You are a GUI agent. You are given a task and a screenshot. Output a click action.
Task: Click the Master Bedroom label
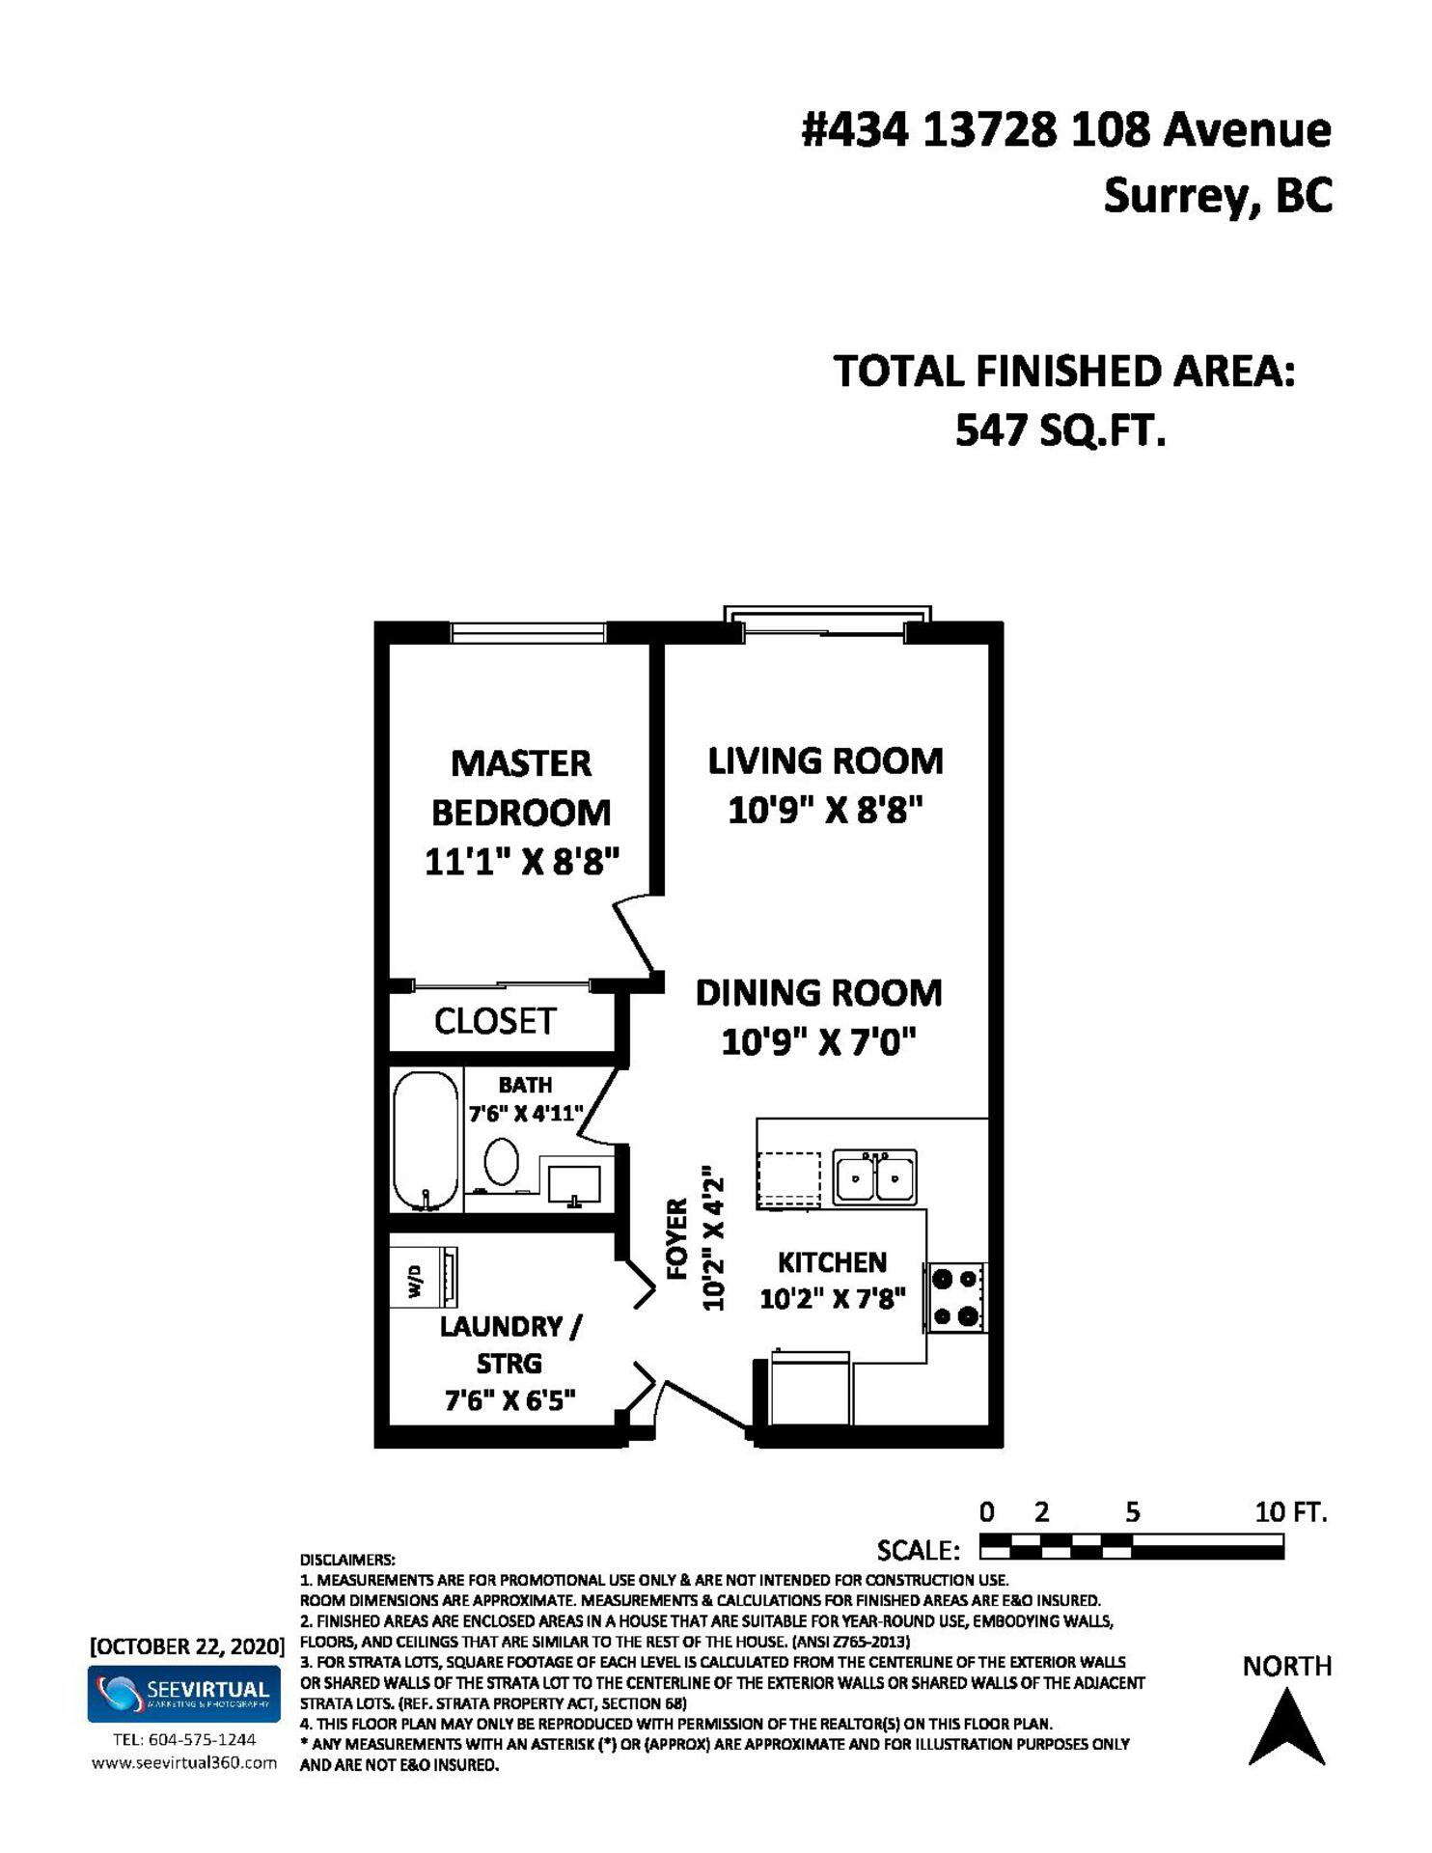tap(521, 788)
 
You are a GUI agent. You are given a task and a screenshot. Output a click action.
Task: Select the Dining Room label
tap(818, 993)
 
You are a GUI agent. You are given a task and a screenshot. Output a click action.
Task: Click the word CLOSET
tap(495, 1021)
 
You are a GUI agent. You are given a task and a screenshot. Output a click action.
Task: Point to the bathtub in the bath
tap(426, 1140)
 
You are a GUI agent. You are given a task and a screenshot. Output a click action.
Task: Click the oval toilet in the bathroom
tap(501, 1161)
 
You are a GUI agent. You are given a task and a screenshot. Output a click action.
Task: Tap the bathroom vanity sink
tap(574, 1184)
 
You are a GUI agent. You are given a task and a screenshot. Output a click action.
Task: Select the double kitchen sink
tap(874, 1177)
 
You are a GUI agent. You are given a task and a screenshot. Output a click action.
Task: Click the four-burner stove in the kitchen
tap(955, 1297)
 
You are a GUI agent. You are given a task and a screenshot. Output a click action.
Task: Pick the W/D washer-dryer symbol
tap(423, 1278)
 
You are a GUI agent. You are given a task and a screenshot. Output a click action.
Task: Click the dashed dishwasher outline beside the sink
tap(788, 1179)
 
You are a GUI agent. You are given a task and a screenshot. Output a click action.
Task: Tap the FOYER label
tap(677, 1239)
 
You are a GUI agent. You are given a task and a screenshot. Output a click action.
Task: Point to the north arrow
tap(1286, 1727)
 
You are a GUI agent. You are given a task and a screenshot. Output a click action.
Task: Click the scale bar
tap(1131, 1548)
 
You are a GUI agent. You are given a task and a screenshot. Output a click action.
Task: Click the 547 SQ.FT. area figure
tap(1060, 430)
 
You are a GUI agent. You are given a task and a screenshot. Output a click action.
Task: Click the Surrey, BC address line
tap(1218, 196)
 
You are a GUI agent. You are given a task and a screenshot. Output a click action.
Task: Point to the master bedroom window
tap(528, 633)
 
